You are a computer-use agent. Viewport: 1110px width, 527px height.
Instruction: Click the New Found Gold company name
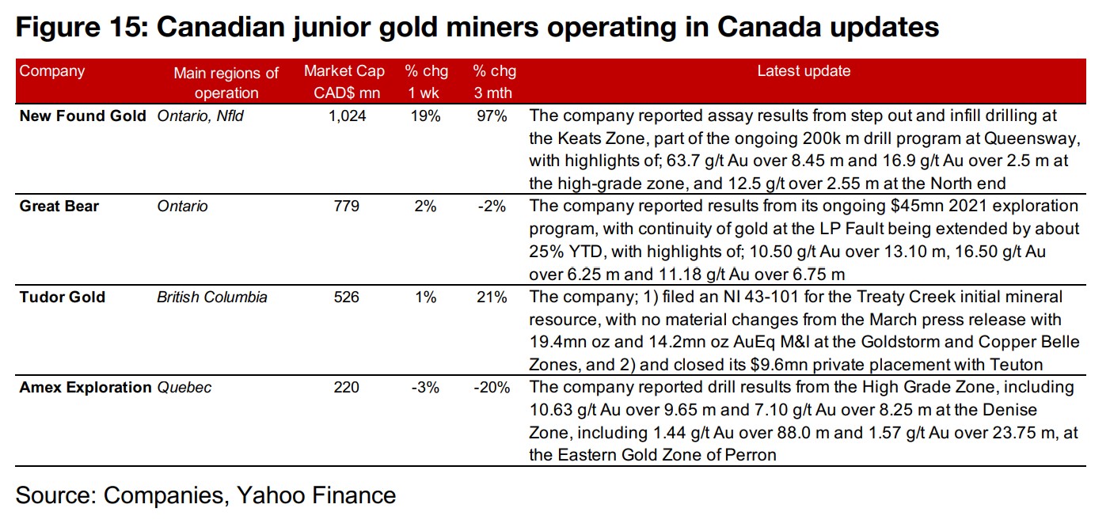[82, 116]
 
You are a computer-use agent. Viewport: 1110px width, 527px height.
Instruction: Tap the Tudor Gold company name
[62, 298]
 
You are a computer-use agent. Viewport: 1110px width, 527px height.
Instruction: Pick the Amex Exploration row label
[85, 388]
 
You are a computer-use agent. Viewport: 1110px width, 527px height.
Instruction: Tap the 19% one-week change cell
[426, 116]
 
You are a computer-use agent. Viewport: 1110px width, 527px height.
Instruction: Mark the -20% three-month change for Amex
[491, 388]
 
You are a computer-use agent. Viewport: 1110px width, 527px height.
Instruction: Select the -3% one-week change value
[424, 388]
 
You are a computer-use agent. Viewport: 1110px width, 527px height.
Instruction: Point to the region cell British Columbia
[212, 298]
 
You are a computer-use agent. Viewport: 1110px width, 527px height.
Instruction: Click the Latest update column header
[803, 71]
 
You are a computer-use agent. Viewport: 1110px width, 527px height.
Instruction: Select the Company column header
[51, 71]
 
